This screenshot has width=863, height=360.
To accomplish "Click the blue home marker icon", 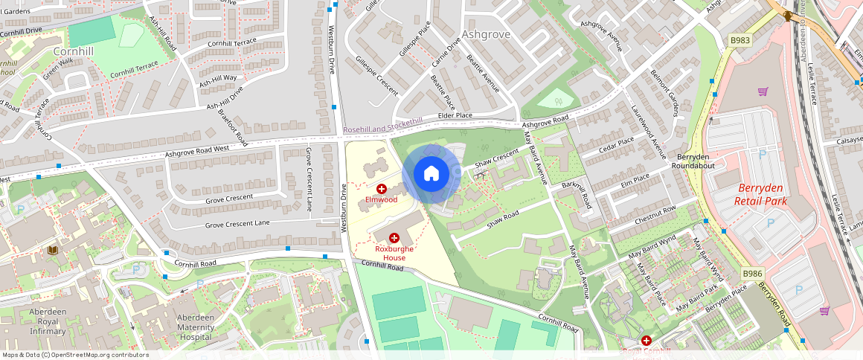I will [x=431, y=174].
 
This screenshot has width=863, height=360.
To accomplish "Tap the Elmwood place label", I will [x=381, y=199].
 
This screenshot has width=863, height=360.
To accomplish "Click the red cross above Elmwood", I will [x=382, y=189].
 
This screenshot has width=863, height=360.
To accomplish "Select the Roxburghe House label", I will [x=394, y=253].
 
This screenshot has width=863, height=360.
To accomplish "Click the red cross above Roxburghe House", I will [x=394, y=238].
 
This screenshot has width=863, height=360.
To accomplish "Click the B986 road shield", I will [x=753, y=274].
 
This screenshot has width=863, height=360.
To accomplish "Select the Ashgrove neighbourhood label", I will [x=486, y=34].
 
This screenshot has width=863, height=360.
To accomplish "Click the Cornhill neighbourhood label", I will [x=73, y=51].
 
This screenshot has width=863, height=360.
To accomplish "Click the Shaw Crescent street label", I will [x=496, y=157].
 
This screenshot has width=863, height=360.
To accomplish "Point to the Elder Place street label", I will [x=455, y=115].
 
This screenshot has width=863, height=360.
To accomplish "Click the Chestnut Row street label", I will [x=655, y=215].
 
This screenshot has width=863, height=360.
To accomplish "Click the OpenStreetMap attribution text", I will [x=74, y=355].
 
